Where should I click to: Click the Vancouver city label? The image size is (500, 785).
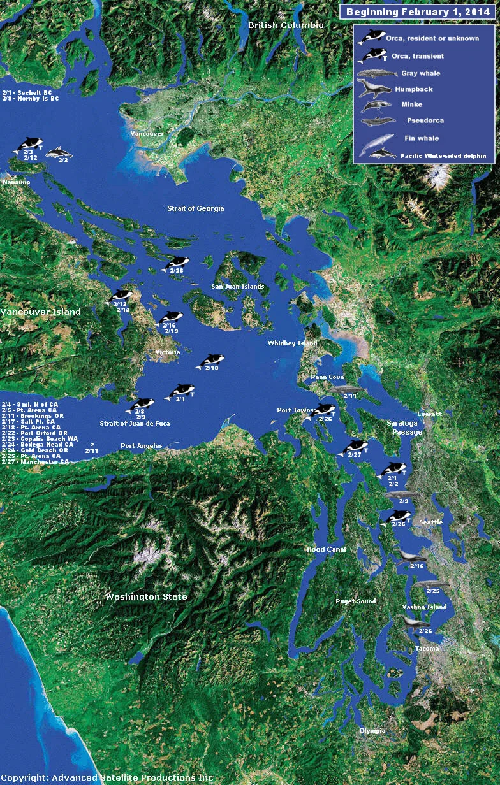(147, 134)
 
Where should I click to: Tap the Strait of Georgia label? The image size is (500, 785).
(196, 208)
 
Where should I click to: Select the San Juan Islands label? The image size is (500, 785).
(238, 287)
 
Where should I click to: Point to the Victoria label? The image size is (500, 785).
(168, 352)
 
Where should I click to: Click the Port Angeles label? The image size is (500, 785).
(142, 446)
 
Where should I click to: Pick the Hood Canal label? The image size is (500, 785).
(325, 549)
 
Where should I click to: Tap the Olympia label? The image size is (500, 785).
(372, 730)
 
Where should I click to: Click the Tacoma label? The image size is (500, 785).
(427, 649)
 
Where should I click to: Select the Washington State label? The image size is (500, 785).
(147, 597)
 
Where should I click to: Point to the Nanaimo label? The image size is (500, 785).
(17, 182)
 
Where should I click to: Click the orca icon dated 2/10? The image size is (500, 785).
(212, 361)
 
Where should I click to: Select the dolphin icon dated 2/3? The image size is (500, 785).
(59, 152)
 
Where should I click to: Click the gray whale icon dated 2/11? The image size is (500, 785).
(345, 389)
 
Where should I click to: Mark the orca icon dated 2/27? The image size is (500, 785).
(355, 447)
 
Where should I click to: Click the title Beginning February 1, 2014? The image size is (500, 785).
(419, 12)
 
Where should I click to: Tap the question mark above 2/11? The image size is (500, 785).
(92, 444)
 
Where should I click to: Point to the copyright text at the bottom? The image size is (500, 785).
(107, 778)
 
